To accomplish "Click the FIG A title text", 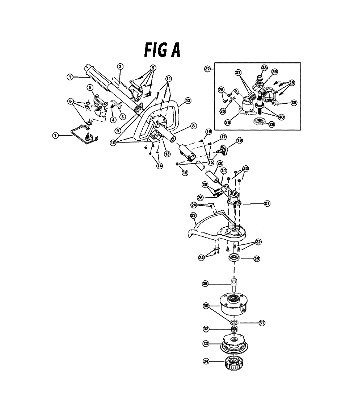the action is point(162,50).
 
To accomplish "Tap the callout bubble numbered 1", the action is point(70,77).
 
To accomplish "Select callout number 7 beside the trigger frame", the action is point(55,135).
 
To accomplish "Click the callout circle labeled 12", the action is point(188,100).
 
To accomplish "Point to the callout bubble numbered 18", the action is point(239,140).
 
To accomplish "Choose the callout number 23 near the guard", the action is point(193,215).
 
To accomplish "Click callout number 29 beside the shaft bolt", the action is point(205,284).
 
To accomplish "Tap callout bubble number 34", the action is point(206,361).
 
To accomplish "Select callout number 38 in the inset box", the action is point(264,68).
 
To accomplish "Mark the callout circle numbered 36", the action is point(227,122).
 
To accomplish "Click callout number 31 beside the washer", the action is point(262,323).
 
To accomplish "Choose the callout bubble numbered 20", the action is point(220,164).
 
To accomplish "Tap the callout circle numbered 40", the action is point(281,117).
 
